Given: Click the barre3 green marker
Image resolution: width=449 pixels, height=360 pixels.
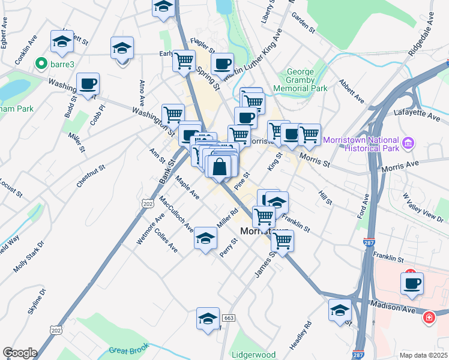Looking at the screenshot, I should pos(41,62).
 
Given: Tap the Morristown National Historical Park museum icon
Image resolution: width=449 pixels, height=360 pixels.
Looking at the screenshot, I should pos(409,143).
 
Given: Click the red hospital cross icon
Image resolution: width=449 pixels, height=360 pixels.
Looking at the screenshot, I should pos(429,317).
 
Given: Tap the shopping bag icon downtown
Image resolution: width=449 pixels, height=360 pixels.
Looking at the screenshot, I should pos(220,166).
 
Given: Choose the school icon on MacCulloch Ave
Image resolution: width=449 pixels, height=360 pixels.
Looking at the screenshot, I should pos(205,239).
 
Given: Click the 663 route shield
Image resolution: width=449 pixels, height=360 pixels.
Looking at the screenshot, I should pos(228,317).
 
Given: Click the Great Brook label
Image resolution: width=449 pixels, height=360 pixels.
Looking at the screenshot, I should pos(128,350).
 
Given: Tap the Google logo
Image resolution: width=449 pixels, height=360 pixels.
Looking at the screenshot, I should pos(20,353).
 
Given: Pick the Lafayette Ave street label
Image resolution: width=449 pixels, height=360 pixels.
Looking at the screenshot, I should pos(417,112).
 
